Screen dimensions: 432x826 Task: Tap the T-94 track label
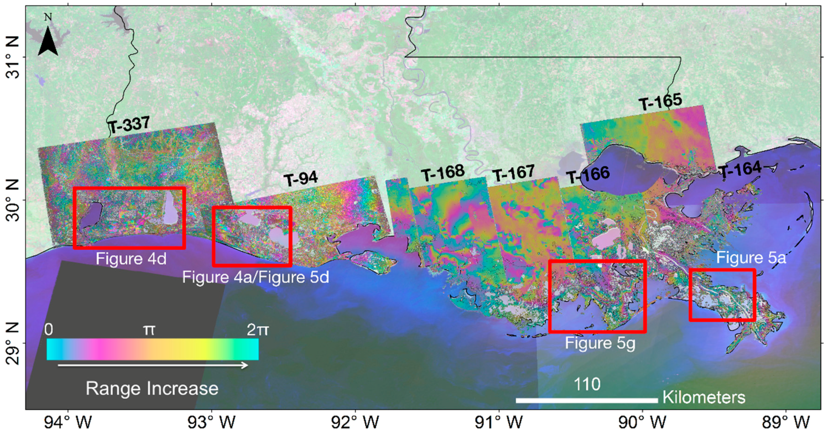click(300, 179)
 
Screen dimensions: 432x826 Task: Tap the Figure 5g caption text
click(600, 343)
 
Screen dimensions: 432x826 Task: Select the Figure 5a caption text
click(751, 258)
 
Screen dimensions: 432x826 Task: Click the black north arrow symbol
click(48, 41)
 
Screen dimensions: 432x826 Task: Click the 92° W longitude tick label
click(355, 422)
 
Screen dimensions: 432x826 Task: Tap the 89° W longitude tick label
click(786, 422)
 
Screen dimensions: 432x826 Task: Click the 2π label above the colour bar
click(257, 330)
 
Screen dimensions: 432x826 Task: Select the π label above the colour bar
click(149, 330)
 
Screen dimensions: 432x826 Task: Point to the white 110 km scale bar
click(587, 400)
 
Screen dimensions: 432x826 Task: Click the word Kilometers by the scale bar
click(704, 397)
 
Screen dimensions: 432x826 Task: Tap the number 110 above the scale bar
click(587, 384)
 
